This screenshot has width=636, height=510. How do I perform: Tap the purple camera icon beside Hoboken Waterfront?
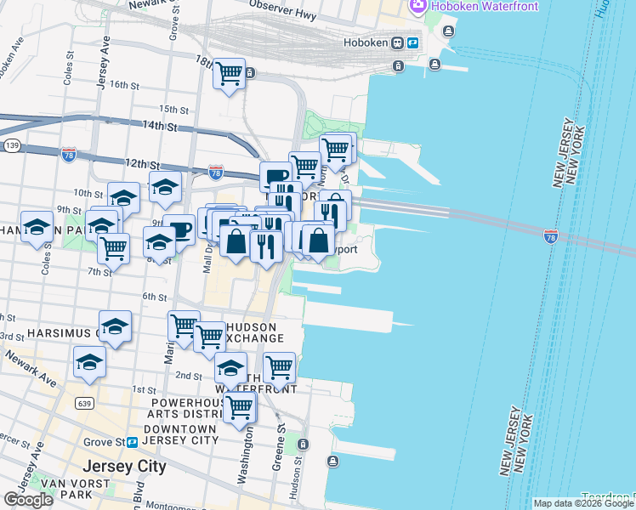click(x=417, y=7)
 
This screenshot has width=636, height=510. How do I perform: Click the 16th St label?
click(x=124, y=85)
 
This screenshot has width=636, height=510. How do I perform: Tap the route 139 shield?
click(x=12, y=146)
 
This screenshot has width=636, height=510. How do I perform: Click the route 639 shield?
click(x=82, y=401)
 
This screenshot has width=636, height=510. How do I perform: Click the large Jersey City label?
click(x=124, y=467)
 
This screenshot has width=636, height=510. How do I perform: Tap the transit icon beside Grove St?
click(x=133, y=442)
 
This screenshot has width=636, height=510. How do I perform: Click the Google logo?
click(x=28, y=500)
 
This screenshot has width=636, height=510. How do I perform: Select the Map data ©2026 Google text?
click(x=582, y=503)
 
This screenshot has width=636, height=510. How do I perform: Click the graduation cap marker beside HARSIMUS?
click(x=115, y=326)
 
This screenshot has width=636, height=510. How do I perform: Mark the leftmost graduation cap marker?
click(x=37, y=228)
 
